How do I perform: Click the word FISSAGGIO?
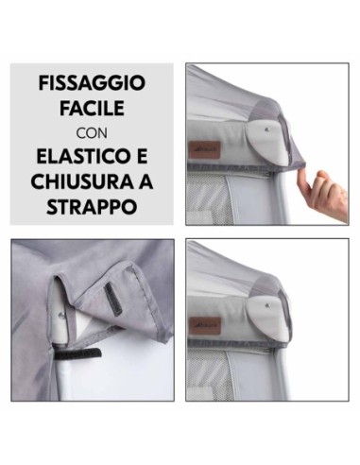tap(92, 83)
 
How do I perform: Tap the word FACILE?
tap(92, 109)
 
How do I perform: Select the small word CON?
tap(92, 133)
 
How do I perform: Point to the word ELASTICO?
tap(79, 157)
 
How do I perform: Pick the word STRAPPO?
tap(92, 207)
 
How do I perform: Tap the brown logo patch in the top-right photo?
tap(205, 150)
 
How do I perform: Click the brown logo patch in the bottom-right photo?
tap(205, 326)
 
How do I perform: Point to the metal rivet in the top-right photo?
tap(268, 129)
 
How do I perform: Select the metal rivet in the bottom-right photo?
tap(268, 305)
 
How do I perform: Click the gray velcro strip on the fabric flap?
tap(113, 299)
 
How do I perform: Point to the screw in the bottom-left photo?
tap(61, 315)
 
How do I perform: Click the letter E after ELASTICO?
tap(141, 157)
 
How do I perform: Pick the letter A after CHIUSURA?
tap(146, 181)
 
